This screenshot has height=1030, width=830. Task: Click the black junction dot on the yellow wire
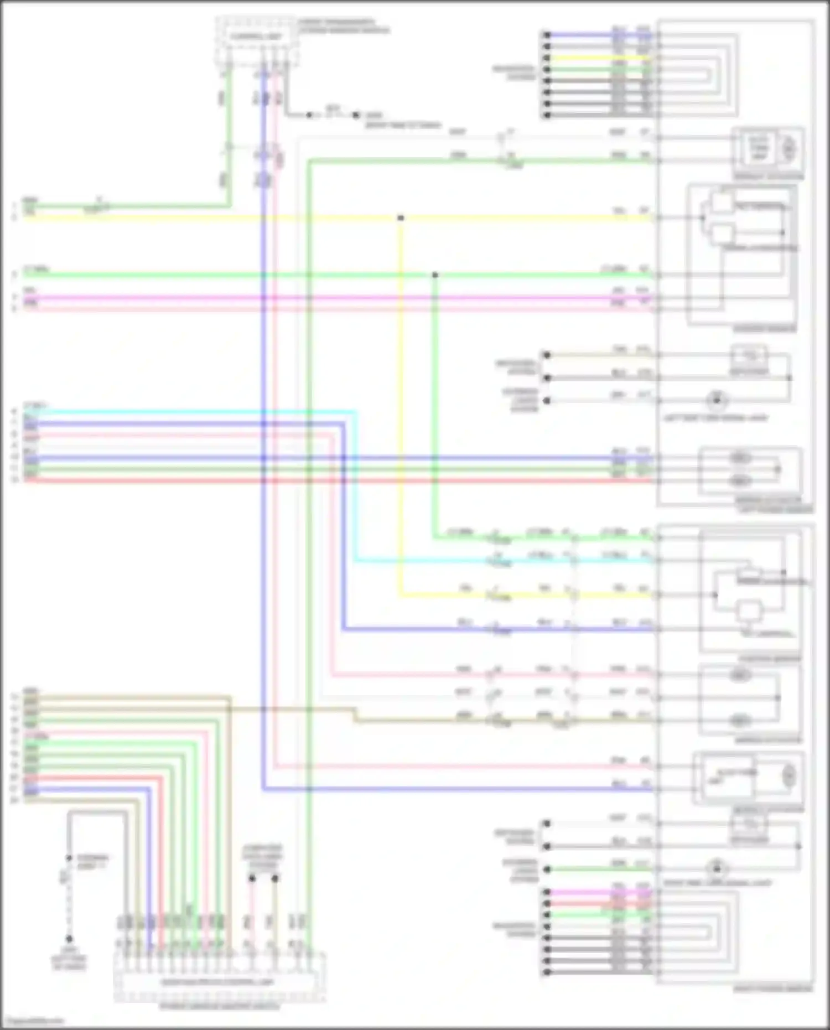[x=401, y=218]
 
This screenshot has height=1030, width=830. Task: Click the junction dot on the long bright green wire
[x=435, y=275]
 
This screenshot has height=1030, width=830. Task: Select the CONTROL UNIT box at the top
[x=256, y=37]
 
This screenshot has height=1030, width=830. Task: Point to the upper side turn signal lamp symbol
[x=717, y=400]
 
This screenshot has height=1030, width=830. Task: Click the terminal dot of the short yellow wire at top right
[x=547, y=58]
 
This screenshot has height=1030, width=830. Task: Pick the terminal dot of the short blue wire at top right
[x=547, y=35]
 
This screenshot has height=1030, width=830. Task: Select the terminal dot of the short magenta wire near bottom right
[x=547, y=892]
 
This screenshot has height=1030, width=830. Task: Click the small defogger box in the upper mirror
[x=749, y=355]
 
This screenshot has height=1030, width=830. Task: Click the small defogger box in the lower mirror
[x=749, y=825]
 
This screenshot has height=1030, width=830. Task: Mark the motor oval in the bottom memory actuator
[x=789, y=775]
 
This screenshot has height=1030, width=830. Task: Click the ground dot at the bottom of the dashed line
[x=69, y=939]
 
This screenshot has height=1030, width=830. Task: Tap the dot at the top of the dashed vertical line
[x=69, y=858]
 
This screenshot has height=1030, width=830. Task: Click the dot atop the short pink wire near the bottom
[x=252, y=878]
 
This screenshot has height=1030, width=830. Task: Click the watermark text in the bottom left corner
[x=33, y=1021]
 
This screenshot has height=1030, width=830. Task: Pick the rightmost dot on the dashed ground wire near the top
[x=356, y=115]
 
